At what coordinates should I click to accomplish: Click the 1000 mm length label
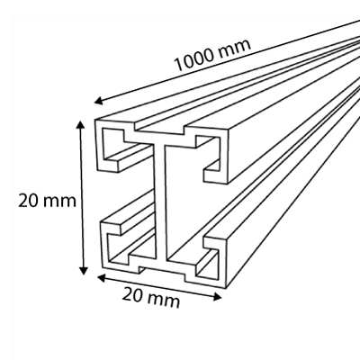pos(212,55)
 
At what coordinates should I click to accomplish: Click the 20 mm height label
pos(47,201)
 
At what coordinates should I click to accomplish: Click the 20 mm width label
pos(151,297)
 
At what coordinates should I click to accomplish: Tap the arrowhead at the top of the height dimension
pos(81,125)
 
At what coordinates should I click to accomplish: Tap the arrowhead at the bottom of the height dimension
pos(84,270)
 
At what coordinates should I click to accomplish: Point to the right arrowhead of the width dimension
pos(217,297)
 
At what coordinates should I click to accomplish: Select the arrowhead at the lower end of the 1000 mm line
pos(99,101)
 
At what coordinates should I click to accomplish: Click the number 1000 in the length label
pos(194,60)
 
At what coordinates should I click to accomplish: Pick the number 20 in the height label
pos(29,201)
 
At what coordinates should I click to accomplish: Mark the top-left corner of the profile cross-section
pos(95,120)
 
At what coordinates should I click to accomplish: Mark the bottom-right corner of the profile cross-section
pos(225,287)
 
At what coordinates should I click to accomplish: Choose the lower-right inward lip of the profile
pos(215,243)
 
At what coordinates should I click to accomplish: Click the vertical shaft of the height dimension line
pos(82,197)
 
